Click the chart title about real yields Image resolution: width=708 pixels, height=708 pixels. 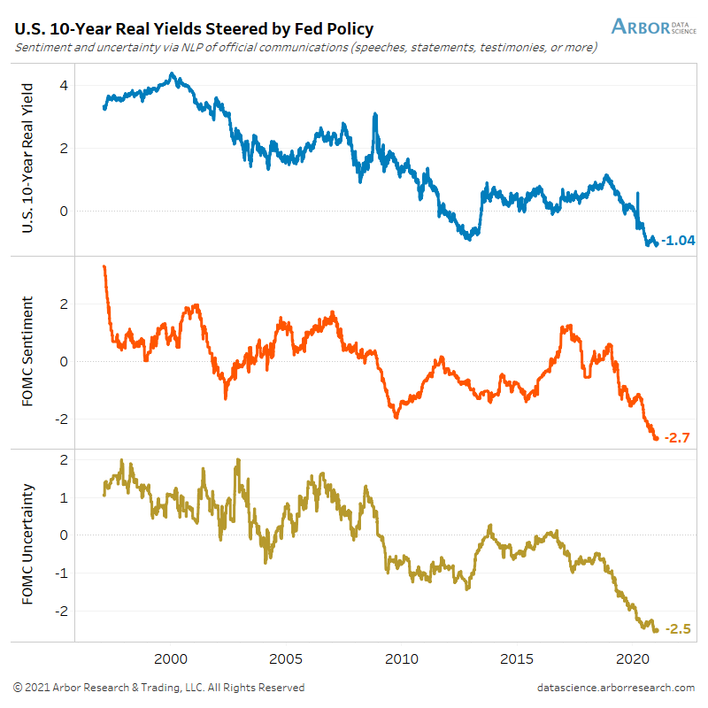(x=194, y=28)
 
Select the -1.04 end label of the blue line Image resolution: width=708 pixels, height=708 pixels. (x=680, y=242)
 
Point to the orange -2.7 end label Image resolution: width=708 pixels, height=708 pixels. (x=677, y=436)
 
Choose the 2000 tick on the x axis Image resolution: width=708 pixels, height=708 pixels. (x=171, y=659)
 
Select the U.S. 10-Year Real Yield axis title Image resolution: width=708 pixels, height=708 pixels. (x=28, y=158)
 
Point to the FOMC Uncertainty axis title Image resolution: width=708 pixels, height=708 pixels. (x=28, y=544)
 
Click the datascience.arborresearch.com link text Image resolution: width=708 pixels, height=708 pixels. (x=615, y=688)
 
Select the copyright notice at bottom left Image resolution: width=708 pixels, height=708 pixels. (x=159, y=688)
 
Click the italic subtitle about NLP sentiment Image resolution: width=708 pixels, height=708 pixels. (x=305, y=47)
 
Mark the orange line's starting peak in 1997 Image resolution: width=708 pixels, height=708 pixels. (x=104, y=266)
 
